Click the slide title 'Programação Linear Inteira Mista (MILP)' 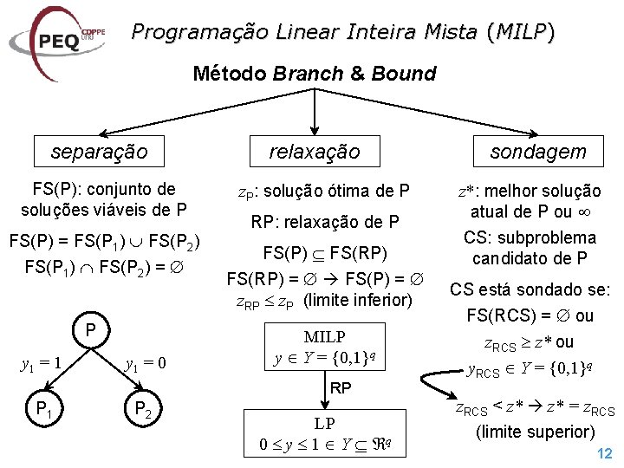tap(342, 33)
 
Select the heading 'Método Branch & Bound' tap(314, 74)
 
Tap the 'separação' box tap(99, 153)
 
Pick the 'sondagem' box tap(537, 153)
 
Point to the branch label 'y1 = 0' tap(146, 362)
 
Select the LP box tap(324, 434)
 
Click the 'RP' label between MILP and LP tap(341, 389)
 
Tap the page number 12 tap(605, 453)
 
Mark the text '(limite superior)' tap(536, 432)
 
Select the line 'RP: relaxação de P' tap(324, 222)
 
